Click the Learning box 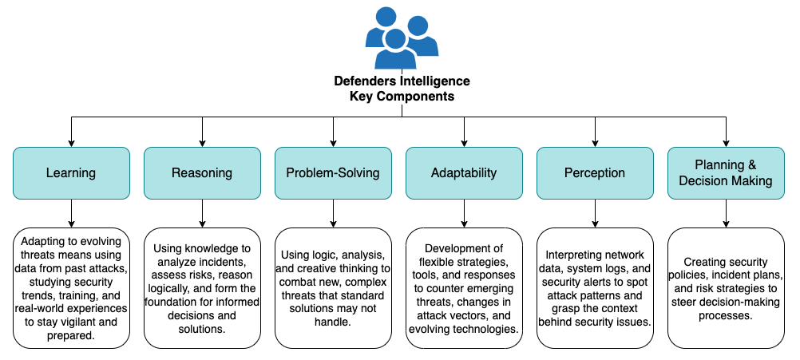[x=71, y=172]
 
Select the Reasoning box [x=202, y=172]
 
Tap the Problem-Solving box [x=333, y=172]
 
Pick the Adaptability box [x=464, y=172]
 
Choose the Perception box [x=595, y=172]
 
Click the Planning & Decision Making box [x=726, y=172]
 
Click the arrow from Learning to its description [x=71, y=213]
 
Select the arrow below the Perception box [x=595, y=213]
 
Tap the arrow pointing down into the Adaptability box [x=464, y=133]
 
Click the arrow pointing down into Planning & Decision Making [x=726, y=133]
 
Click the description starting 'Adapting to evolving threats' [x=71, y=288]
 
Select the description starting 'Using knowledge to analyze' [x=202, y=288]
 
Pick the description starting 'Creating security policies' [x=726, y=288]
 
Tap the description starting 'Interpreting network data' [x=595, y=288]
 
